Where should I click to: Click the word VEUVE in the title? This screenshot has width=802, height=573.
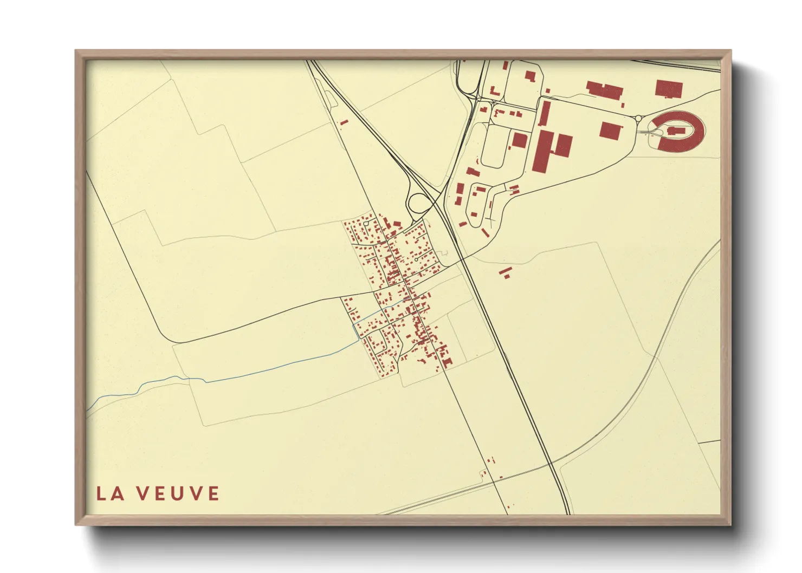coord(178,493)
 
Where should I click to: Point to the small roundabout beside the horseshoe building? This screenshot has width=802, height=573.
coord(638,118)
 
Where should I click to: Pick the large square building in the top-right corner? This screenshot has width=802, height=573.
coord(669,88)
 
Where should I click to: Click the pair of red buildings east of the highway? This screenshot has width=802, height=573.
coord(505,272)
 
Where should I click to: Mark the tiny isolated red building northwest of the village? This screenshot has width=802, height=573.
coord(342,123)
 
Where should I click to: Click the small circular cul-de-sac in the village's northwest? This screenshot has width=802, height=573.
coord(366,223)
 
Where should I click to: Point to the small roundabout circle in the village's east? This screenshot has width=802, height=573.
coord(416,260)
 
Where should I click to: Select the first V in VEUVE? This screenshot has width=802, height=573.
coord(142,493)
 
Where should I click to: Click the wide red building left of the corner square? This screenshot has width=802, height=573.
coord(605,90)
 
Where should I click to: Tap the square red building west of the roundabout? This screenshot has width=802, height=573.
coord(610,131)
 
